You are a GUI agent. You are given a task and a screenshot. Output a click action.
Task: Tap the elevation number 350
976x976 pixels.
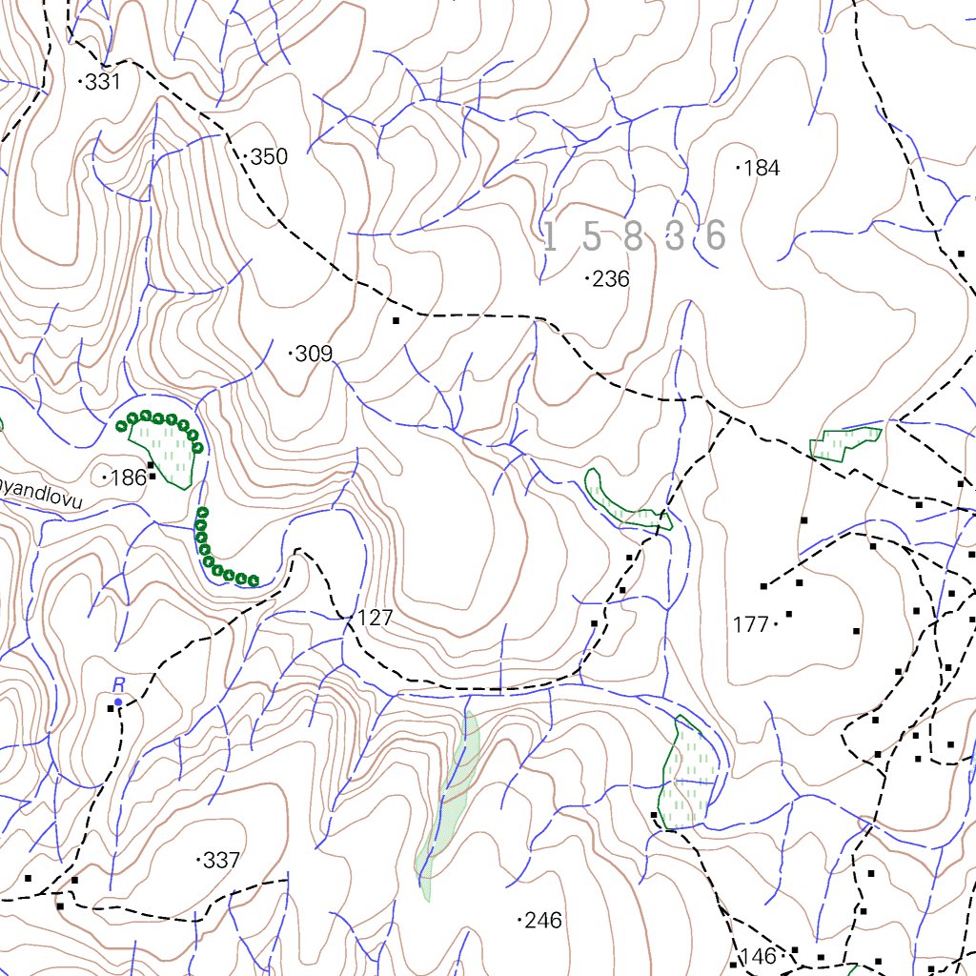269,156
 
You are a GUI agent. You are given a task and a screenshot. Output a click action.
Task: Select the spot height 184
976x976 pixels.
761,169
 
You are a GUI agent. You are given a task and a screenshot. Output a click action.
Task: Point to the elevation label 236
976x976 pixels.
610,279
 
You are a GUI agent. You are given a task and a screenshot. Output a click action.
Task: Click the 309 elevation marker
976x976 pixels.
314,355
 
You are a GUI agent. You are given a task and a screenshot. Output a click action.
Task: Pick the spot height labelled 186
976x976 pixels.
127,478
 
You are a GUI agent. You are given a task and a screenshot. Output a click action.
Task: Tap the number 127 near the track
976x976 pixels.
376,619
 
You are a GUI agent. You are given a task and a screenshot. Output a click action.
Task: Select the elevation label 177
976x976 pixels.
751,625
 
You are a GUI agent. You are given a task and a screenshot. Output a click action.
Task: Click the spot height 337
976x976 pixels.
221,861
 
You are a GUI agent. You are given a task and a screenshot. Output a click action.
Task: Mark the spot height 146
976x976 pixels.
759,957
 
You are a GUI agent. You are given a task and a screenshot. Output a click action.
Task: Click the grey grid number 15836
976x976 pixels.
635,236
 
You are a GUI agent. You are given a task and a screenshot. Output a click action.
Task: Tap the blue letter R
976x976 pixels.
119,684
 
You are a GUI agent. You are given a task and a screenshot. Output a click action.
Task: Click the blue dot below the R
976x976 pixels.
118,702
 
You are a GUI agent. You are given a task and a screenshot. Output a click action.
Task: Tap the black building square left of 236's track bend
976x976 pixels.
396,321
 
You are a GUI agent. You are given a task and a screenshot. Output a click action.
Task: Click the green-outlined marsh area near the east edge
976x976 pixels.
844,442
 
